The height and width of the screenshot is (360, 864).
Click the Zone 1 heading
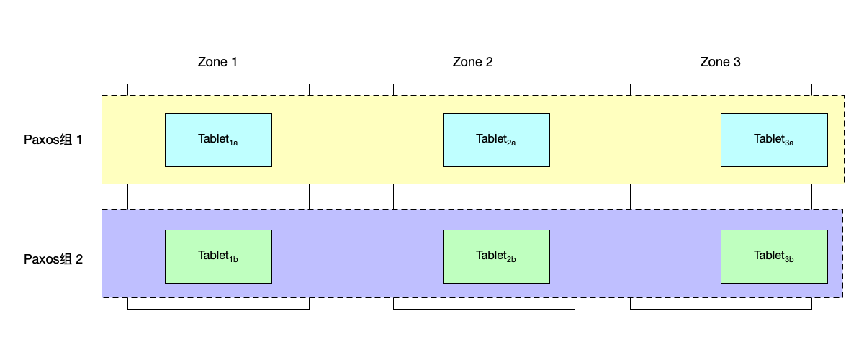[217, 62]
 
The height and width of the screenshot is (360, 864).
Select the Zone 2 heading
[472, 62]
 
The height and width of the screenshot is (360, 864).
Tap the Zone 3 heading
[720, 62]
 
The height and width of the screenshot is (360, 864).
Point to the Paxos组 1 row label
[53, 140]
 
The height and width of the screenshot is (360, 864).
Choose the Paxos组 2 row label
[53, 259]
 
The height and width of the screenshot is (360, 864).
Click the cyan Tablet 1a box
[218, 140]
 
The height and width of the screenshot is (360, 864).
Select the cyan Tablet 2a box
[496, 140]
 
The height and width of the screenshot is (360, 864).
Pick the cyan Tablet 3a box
[774, 140]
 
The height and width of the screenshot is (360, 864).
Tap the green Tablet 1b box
[218, 256]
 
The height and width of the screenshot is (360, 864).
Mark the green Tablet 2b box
[496, 256]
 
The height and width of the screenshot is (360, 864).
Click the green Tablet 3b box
[774, 256]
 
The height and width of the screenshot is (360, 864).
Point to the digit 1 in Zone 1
[234, 62]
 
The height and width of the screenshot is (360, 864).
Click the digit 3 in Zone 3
[737, 62]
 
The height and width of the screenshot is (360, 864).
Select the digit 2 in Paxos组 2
[79, 259]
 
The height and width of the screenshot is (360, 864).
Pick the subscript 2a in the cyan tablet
[511, 143]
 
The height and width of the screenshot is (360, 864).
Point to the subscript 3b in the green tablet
[789, 260]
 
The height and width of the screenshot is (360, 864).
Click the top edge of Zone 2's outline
[484, 84]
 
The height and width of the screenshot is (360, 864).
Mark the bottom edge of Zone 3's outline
[721, 309]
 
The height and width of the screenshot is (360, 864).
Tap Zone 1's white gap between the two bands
[218, 197]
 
